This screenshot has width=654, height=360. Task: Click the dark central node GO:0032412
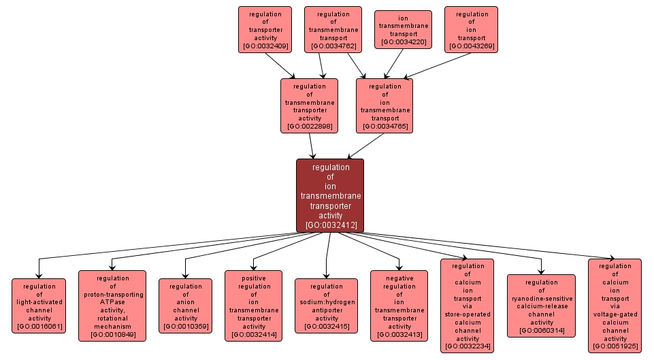click(329, 195)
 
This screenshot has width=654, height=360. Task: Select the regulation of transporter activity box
click(265, 30)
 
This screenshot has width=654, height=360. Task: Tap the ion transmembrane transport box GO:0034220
click(403, 30)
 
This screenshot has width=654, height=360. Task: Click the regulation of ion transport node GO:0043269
click(471, 30)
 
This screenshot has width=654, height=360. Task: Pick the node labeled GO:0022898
click(309, 105)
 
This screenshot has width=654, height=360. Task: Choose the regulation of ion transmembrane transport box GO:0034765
click(384, 105)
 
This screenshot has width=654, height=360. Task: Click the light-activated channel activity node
click(39, 306)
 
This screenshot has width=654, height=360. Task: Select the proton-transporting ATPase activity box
click(112, 306)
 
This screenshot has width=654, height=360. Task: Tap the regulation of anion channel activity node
click(186, 306)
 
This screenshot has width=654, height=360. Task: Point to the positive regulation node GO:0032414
click(253, 306)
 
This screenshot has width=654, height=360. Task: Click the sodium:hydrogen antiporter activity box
click(326, 306)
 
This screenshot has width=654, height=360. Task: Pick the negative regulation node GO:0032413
click(399, 306)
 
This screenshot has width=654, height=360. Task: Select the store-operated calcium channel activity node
click(467, 306)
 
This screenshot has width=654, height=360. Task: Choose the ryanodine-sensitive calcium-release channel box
click(541, 306)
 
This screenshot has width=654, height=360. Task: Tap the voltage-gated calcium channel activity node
click(615, 306)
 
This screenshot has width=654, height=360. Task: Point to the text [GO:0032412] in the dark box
click(330, 225)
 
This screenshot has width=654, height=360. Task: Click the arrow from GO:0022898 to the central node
click(312, 146)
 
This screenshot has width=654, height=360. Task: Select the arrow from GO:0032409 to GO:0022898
click(280, 65)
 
